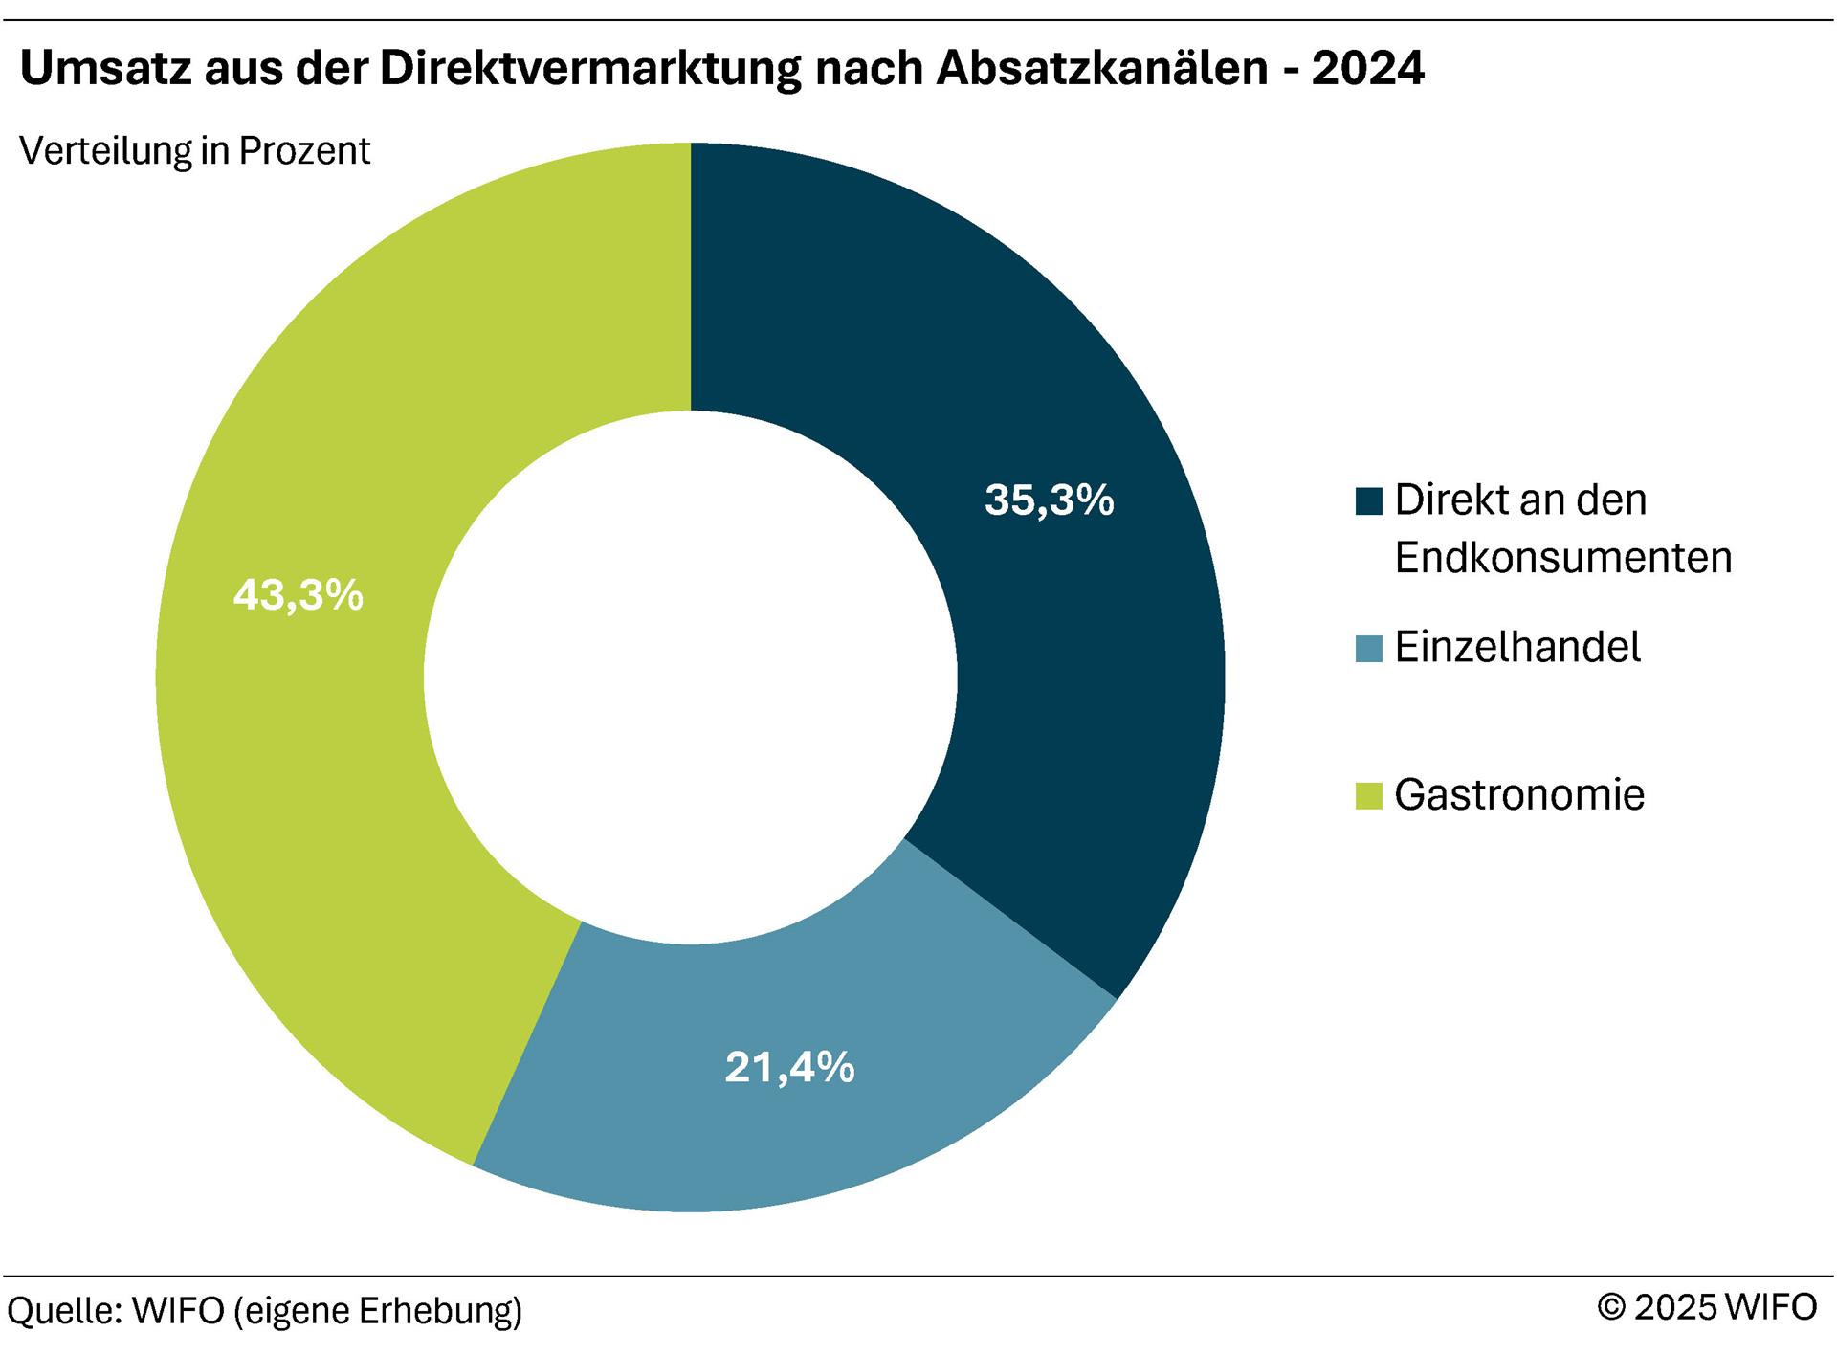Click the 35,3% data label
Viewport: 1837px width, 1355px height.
pyautogui.click(x=1049, y=500)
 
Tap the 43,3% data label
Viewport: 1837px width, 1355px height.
pyautogui.click(x=298, y=595)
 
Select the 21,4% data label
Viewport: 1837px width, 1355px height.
pyautogui.click(x=789, y=1067)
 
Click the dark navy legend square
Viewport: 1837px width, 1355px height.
pyautogui.click(x=1368, y=501)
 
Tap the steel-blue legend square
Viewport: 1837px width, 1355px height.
pyautogui.click(x=1368, y=649)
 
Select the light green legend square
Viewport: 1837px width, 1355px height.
pyautogui.click(x=1368, y=795)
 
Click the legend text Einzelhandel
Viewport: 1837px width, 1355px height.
pyautogui.click(x=1517, y=648)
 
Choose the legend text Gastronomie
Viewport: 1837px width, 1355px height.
pyautogui.click(x=1519, y=794)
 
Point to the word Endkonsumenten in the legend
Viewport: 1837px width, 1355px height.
pyautogui.click(x=1563, y=558)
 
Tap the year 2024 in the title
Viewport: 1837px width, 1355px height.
pyautogui.click(x=1367, y=69)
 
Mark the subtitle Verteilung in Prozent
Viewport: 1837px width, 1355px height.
pyautogui.click(x=194, y=151)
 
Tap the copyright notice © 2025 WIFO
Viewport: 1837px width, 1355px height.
pyautogui.click(x=1707, y=1307)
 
